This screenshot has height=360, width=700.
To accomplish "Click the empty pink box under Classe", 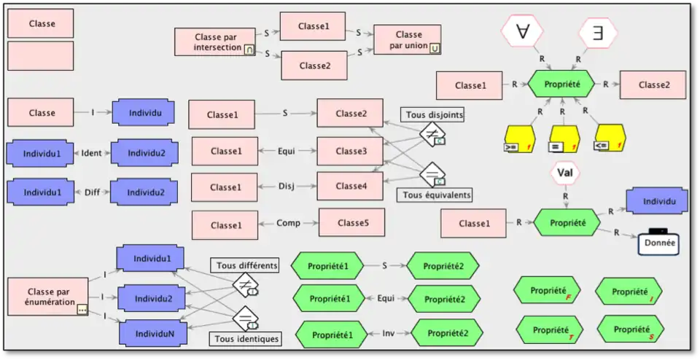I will [41, 56].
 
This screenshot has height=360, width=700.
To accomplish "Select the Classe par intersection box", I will [215, 42].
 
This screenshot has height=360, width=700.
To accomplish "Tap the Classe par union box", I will [408, 40].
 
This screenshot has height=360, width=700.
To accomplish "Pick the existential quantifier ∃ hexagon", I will [598, 32].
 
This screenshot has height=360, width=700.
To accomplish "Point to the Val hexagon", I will [564, 174].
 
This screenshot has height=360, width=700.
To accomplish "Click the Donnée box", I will [658, 243].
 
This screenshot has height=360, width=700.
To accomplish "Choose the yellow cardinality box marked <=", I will [610, 138].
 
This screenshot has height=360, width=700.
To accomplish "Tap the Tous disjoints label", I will [433, 114].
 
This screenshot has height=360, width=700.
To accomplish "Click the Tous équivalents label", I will [437, 195].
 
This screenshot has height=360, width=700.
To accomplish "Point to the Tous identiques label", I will [246, 339].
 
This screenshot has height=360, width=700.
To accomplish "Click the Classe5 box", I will [351, 222].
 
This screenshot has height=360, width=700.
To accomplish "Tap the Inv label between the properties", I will [389, 333].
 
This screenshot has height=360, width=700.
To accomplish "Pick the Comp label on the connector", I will [288, 223].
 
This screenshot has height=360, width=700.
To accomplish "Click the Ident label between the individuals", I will [92, 153].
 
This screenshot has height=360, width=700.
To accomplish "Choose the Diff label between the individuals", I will [91, 192].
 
